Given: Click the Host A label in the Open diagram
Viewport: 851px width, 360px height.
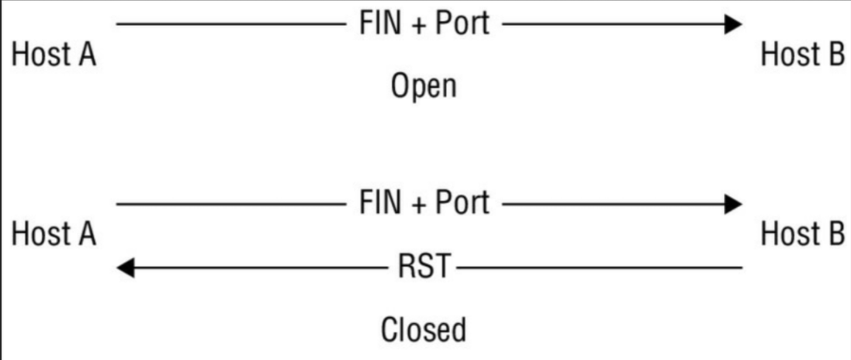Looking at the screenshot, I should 54,55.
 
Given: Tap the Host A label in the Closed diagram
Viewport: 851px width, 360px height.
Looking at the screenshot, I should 54,234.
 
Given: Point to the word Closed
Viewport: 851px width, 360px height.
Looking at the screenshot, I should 424,330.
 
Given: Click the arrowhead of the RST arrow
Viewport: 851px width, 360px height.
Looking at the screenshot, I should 127,268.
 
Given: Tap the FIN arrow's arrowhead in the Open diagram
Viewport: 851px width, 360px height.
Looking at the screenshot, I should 732,25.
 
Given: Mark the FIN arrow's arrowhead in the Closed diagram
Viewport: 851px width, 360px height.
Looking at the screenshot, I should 732,204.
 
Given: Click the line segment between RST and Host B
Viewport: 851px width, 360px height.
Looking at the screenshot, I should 597,268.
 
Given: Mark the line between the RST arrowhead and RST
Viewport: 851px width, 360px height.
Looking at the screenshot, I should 264,268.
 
